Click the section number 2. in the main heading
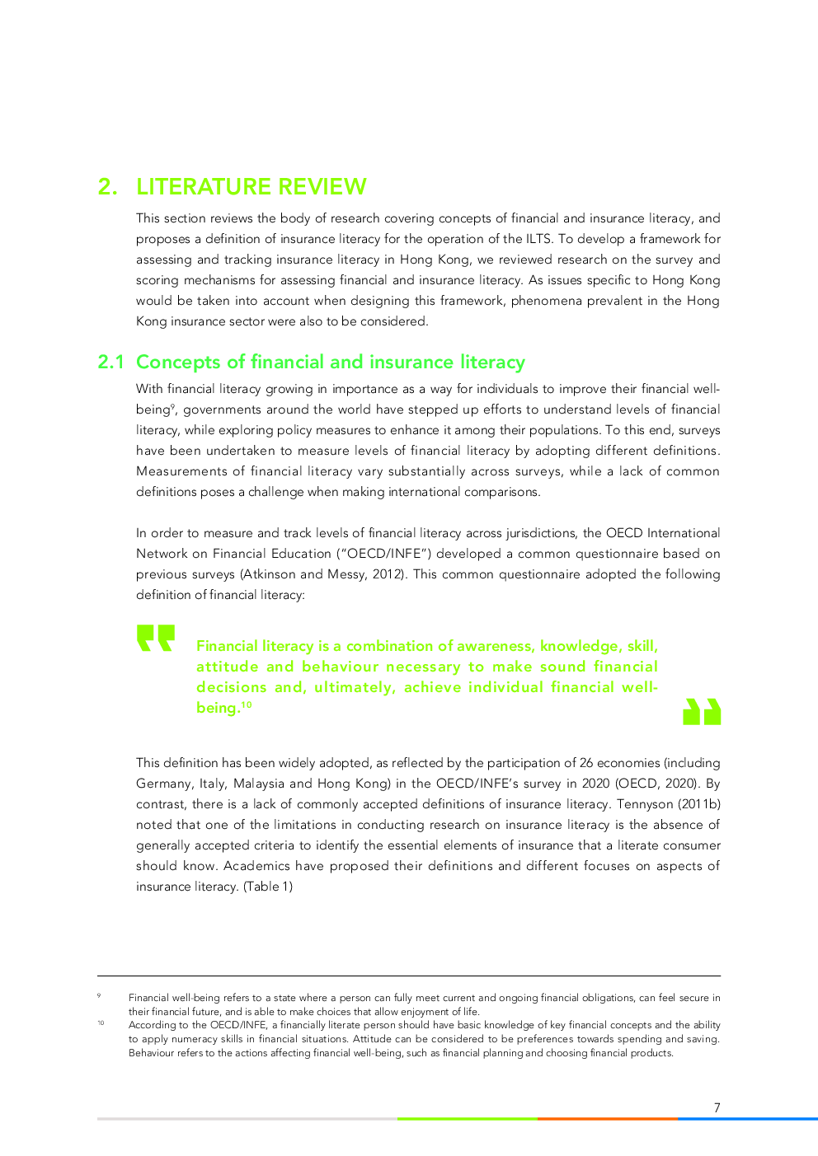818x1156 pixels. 107,187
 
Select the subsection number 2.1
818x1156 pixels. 110,363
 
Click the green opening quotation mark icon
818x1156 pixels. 155,638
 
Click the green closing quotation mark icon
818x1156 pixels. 702,712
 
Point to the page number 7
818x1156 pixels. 717,1107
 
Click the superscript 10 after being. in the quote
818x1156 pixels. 246,704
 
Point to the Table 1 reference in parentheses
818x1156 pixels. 268,887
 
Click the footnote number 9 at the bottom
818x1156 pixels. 99,995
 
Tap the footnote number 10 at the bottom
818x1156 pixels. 101,1023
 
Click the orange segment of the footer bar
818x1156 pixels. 607,1118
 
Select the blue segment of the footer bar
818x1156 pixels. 747,1118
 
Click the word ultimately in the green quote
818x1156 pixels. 353,687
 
